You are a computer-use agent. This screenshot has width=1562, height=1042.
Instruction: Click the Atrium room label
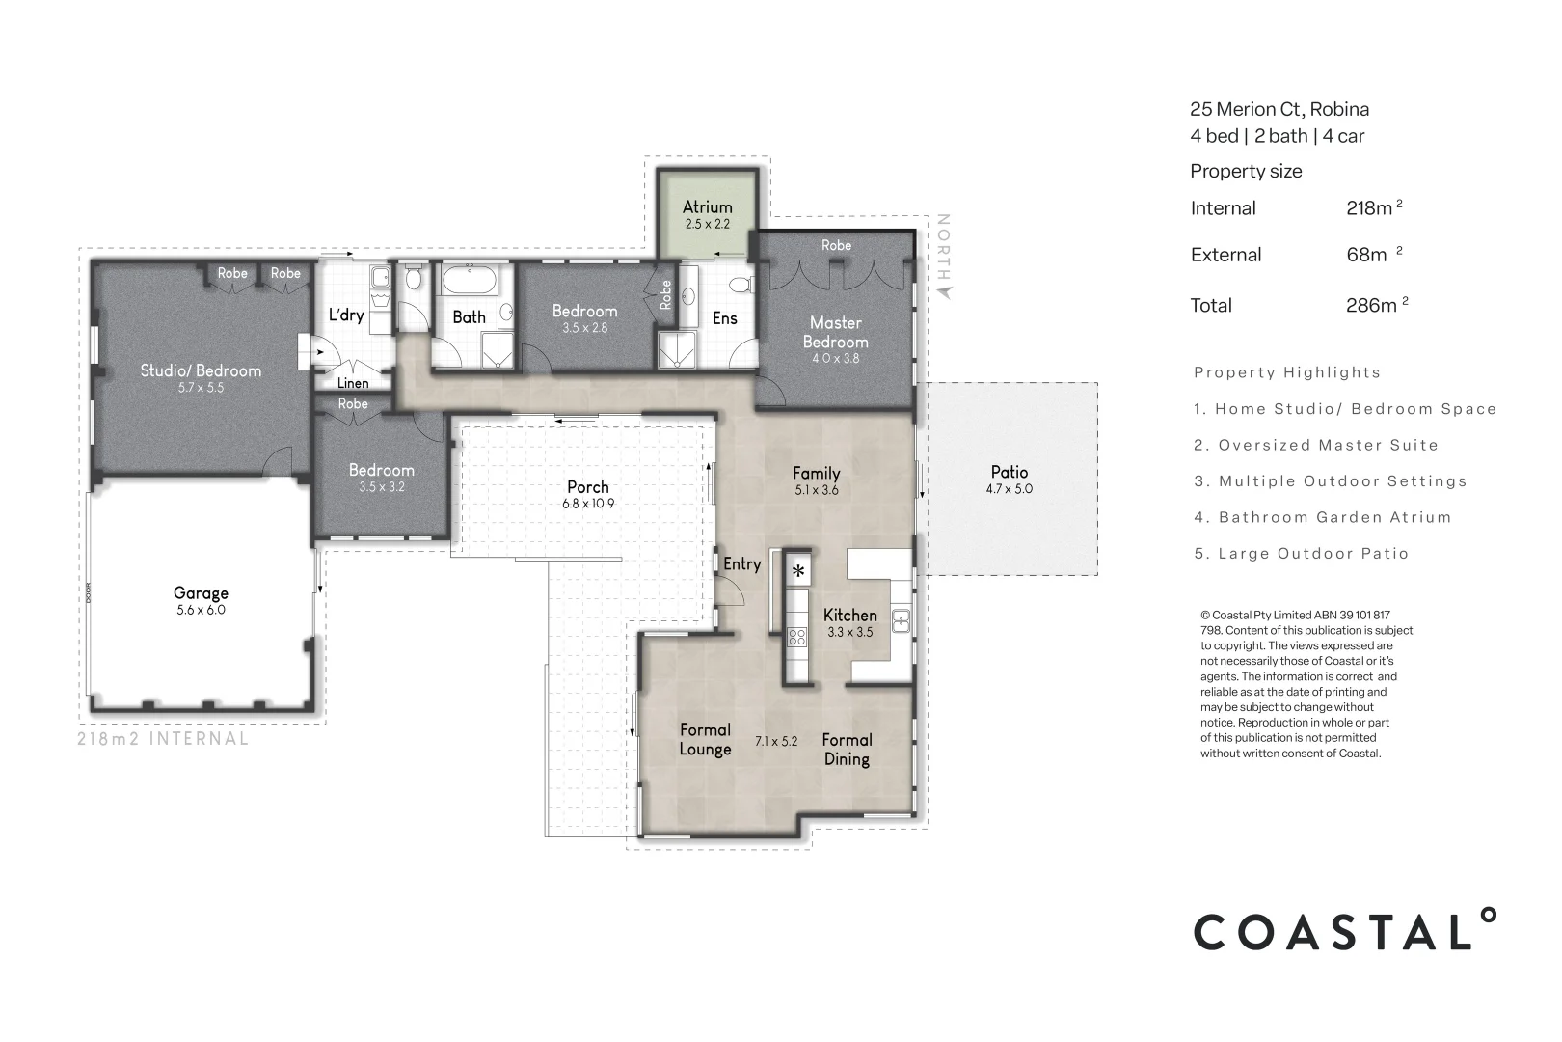[707, 206]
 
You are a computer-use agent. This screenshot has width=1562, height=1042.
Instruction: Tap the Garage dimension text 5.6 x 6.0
[201, 611]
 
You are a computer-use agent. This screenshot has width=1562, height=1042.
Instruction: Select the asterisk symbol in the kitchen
[798, 571]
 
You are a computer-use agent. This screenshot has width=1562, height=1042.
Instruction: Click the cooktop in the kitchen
[797, 636]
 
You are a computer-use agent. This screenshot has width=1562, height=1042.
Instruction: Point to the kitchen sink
[902, 620]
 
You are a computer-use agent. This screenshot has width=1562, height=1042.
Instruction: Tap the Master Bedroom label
[835, 332]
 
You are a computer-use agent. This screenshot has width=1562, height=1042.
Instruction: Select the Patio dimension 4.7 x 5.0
[1009, 489]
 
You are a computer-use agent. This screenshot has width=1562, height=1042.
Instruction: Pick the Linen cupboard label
[353, 383]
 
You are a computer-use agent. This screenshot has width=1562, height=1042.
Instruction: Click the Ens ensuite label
[724, 318]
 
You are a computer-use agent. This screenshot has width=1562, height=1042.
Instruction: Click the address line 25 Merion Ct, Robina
[1279, 109]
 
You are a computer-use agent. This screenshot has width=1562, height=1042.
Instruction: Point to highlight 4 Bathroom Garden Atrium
[1323, 518]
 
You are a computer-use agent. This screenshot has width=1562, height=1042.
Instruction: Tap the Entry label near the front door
[741, 564]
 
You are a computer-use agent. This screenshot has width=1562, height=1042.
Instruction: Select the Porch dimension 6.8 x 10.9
[588, 505]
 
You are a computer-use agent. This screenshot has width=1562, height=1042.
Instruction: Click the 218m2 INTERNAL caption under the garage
[163, 739]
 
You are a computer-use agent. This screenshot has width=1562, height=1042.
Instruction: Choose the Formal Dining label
[847, 750]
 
